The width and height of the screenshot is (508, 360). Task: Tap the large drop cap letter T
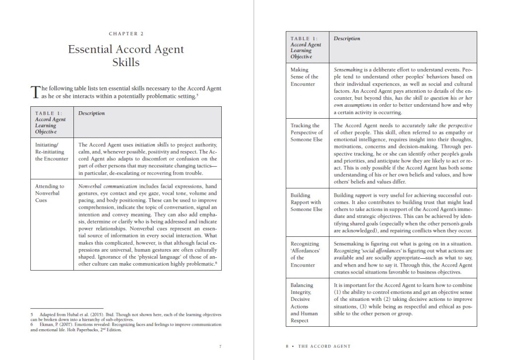[x=35, y=92]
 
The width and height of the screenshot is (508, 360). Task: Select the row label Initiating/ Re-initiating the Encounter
[x=52, y=151]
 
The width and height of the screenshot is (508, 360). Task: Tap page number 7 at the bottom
[x=220, y=346]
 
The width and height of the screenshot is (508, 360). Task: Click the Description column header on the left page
[x=91, y=113]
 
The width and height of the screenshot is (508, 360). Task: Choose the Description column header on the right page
[x=347, y=39]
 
